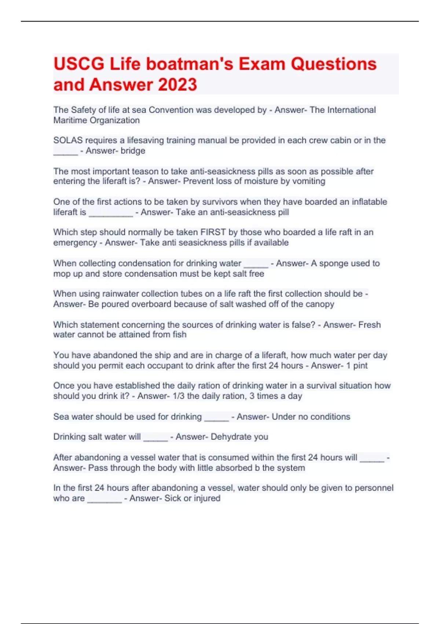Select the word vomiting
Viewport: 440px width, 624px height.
pyautogui.click(x=308, y=181)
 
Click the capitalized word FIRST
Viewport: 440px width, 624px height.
pyautogui.click(x=213, y=232)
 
